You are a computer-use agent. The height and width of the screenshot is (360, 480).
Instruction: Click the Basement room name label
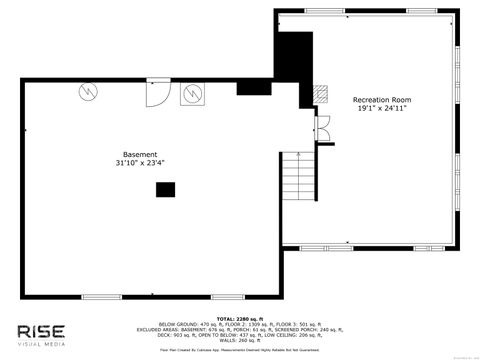pos(140,155)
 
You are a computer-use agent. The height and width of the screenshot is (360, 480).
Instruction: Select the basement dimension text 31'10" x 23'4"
pos(140,164)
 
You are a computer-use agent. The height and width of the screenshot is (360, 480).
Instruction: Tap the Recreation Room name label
pos(381,100)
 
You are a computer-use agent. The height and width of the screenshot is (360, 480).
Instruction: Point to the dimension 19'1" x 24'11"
pos(381,109)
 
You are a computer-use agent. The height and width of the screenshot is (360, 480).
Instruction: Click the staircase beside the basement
pos(291,200)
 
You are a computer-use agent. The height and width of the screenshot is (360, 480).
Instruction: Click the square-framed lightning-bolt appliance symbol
pos(191,94)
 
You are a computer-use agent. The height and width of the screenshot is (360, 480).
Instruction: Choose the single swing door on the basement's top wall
pos(157,90)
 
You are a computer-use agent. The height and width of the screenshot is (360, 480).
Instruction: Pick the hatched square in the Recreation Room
pos(320,93)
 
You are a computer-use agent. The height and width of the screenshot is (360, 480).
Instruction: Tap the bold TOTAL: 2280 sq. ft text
pos(240,319)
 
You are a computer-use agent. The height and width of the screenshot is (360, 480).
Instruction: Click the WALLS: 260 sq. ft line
pos(240,342)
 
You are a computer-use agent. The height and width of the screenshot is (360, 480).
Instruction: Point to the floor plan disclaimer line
pos(240,349)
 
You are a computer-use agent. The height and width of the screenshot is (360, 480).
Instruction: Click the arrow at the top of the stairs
pos(291,157)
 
